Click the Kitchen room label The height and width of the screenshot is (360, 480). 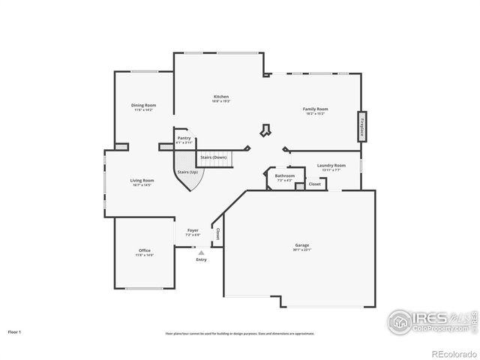pyautogui.click(x=220, y=97)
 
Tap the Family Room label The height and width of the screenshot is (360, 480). pyautogui.click(x=315, y=109)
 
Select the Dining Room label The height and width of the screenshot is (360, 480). pyautogui.click(x=144, y=106)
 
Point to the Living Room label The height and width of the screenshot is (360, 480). pyautogui.click(x=142, y=180)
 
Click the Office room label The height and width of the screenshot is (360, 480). pyautogui.click(x=144, y=250)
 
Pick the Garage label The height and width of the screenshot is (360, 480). pyautogui.click(x=302, y=246)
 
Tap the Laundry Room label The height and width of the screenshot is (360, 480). pyautogui.click(x=331, y=165)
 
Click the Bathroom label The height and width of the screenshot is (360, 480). pyautogui.click(x=285, y=176)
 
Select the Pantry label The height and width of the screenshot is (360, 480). pyautogui.click(x=184, y=138)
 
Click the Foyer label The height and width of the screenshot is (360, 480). pyautogui.click(x=193, y=230)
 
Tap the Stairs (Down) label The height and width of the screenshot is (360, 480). pyautogui.click(x=214, y=157)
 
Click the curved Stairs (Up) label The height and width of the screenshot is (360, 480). pyautogui.click(x=187, y=172)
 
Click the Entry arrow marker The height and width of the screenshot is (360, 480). pyautogui.click(x=201, y=253)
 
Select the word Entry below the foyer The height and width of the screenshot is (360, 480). pyautogui.click(x=201, y=259)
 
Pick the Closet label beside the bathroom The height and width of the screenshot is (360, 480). pyautogui.click(x=315, y=183)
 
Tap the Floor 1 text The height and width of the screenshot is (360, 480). pyautogui.click(x=15, y=331)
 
